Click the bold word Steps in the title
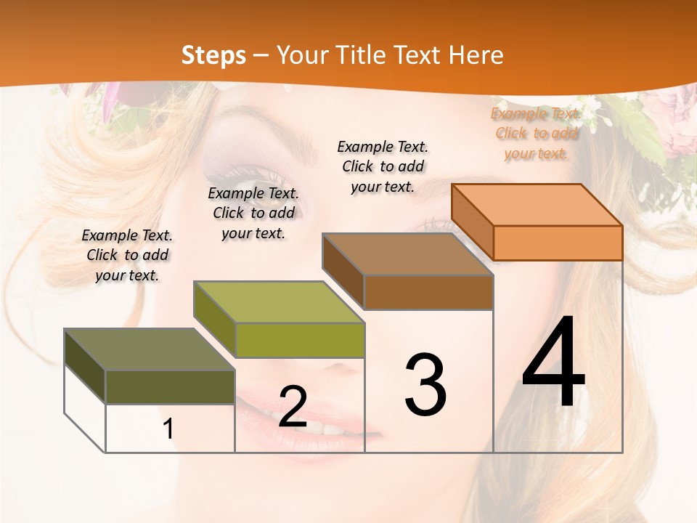pos(213,55)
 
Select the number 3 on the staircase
pos(425,384)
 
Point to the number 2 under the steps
pos(293,407)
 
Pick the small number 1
pos(168,429)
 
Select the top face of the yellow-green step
pos(279,302)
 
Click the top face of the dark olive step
pos(150,349)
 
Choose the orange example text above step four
pos(536,134)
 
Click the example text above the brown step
pos(383,166)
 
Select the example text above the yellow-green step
pos(253,213)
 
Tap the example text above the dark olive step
pos(127,255)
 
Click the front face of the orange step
pos(558,243)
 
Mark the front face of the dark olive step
pos(170,386)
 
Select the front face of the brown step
pos(428,292)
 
